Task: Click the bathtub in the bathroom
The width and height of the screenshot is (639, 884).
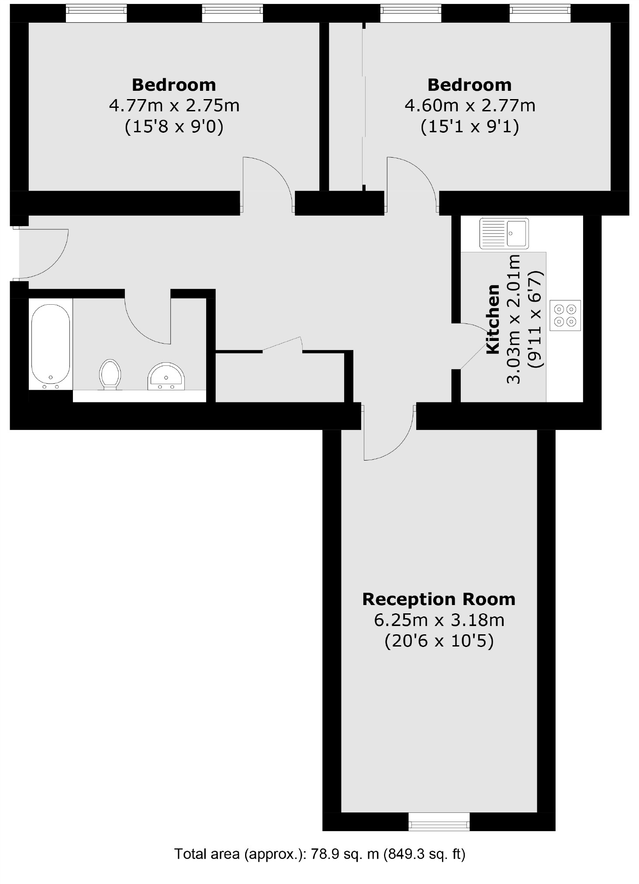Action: [x=50, y=344]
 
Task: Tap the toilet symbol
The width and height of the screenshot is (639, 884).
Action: [x=110, y=374]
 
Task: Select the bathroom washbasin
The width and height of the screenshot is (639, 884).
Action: [x=166, y=376]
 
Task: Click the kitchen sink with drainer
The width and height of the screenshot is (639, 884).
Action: [x=504, y=233]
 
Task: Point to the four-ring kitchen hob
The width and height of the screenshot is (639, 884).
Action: [x=565, y=315]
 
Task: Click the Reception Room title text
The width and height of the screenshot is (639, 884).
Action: [x=439, y=599]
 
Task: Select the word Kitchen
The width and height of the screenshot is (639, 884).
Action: [x=493, y=319]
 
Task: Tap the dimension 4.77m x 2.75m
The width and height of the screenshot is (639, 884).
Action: [x=174, y=106]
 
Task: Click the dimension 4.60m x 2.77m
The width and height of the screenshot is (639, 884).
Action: [x=470, y=106]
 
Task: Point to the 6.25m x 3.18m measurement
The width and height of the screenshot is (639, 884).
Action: [x=439, y=620]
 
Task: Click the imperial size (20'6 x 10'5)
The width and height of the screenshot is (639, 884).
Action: [x=439, y=641]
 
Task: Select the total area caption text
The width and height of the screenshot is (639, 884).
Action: [x=320, y=853]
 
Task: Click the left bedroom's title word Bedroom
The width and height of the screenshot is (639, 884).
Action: [x=174, y=85]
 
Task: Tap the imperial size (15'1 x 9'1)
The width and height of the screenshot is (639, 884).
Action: [x=470, y=127]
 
